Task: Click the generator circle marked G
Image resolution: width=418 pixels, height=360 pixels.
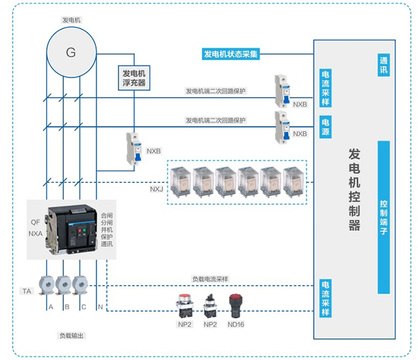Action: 71,52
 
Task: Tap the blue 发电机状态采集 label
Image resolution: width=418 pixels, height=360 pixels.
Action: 231,54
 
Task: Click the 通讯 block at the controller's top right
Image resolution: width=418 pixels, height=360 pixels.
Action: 384,66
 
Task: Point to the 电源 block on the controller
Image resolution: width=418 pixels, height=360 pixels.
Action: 325,127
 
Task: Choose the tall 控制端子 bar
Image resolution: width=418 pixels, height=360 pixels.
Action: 384,217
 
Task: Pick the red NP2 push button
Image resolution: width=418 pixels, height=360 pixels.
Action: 184,304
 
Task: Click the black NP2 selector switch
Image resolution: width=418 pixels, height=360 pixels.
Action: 210,304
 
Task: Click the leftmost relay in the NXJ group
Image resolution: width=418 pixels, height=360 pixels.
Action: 181,181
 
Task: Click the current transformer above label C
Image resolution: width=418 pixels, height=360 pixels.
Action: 80,284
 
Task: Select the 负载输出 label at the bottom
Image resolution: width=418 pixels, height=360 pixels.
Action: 71,335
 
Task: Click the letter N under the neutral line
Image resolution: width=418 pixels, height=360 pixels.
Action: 100,307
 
